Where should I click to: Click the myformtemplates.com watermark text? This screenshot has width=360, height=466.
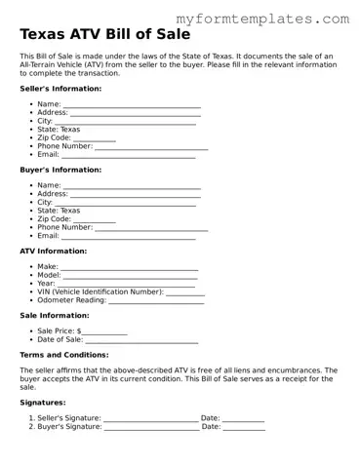click(263, 19)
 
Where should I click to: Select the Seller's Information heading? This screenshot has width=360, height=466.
click(60, 89)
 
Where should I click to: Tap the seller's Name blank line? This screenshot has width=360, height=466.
click(132, 105)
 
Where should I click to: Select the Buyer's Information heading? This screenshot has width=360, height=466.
click(60, 170)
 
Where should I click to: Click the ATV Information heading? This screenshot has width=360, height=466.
click(55, 251)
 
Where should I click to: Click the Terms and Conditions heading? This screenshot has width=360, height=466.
click(63, 355)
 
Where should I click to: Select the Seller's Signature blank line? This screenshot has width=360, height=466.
click(150, 418)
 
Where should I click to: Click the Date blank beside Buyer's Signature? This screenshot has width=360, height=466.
click(244, 427)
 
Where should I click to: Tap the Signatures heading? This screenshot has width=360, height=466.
click(44, 403)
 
